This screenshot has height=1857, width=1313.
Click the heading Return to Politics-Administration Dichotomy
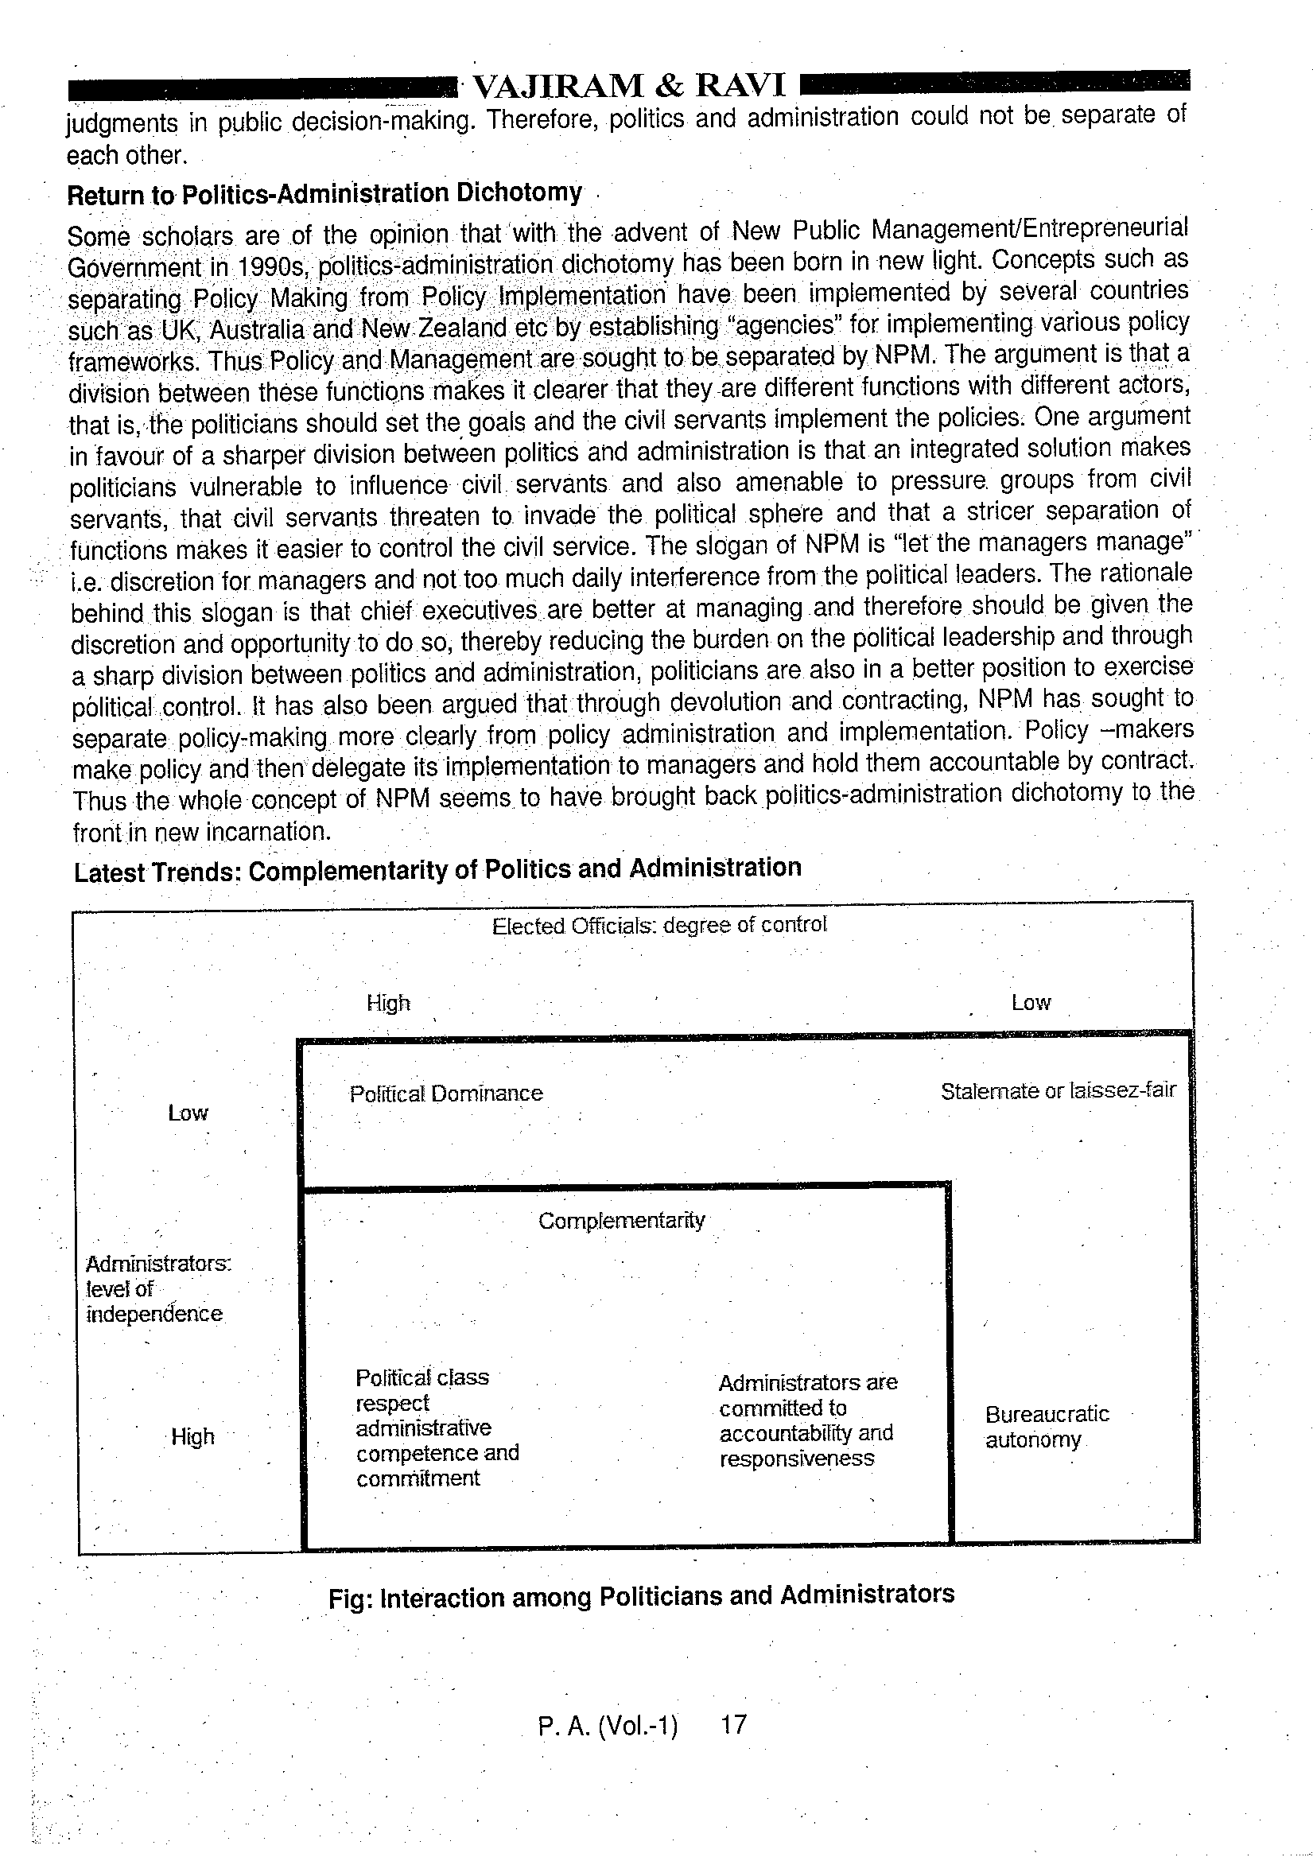(324, 194)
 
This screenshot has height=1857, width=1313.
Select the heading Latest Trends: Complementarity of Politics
(437, 870)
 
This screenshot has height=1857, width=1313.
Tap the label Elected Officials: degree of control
(659, 925)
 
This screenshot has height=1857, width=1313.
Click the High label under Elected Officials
(388, 1004)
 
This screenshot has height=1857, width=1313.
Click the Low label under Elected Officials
(1031, 1003)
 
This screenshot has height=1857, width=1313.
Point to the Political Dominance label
(446, 1094)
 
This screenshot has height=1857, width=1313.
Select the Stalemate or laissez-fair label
(1058, 1092)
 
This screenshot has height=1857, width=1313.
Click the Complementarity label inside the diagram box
(621, 1221)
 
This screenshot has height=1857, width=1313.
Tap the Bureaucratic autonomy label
(1047, 1427)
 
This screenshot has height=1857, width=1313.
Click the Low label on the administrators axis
(188, 1113)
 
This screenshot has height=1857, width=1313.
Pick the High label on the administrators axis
(192, 1436)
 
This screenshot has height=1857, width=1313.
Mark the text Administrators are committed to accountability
(806, 1420)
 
